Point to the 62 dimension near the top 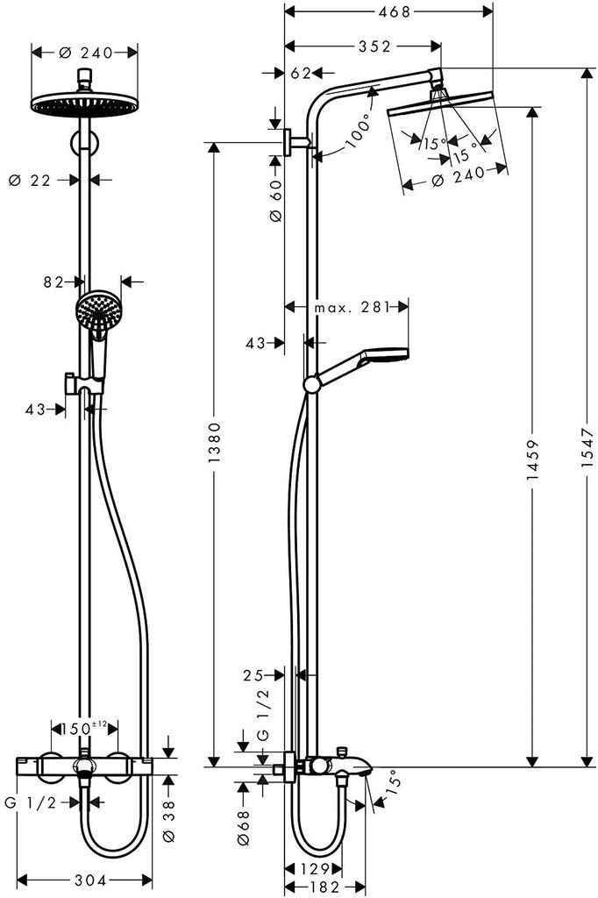point(300,74)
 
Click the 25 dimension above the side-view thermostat point(253,674)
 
